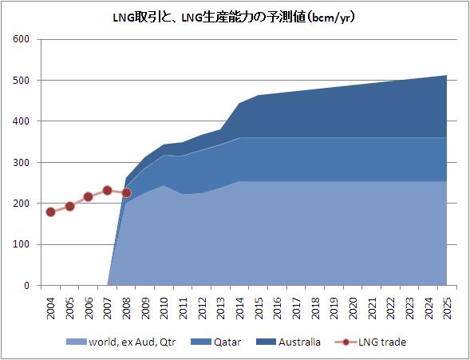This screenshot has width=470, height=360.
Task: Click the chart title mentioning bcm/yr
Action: pos(235,17)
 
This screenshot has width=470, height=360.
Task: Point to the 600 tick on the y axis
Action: pos(22,39)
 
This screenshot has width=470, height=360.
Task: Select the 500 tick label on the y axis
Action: pos(22,81)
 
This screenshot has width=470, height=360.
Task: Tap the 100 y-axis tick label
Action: pos(22,244)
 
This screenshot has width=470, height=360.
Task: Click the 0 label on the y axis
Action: pos(26,285)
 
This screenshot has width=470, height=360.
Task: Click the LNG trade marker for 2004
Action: pos(50,212)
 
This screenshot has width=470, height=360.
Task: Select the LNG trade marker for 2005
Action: pos(69,206)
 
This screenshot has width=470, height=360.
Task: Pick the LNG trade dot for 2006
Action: pos(88,196)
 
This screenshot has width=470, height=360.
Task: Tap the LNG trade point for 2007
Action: pos(107,190)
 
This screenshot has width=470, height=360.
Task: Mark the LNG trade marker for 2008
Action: pos(126,192)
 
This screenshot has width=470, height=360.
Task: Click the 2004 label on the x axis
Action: pos(51,306)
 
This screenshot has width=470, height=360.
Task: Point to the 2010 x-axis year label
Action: pos(164,306)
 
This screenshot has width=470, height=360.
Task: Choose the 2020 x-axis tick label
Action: pos(353,306)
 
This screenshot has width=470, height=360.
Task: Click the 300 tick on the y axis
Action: pos(22,162)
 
